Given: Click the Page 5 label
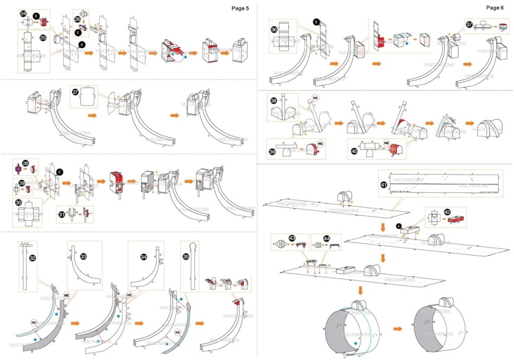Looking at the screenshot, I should [x=240, y=8].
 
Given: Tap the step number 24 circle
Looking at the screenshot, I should [x=24, y=14].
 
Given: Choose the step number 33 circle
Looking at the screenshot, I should [x=83, y=256].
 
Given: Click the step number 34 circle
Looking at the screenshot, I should [x=144, y=257].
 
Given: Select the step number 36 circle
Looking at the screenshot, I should [x=274, y=30].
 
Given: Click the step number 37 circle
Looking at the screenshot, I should [x=469, y=24].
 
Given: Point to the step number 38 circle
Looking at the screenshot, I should [x=274, y=100].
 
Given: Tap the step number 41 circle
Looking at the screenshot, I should [x=384, y=184].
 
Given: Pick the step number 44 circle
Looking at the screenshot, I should [x=326, y=237].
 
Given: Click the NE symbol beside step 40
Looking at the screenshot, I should [x=386, y=143].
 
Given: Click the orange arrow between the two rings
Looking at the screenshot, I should [x=398, y=329].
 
